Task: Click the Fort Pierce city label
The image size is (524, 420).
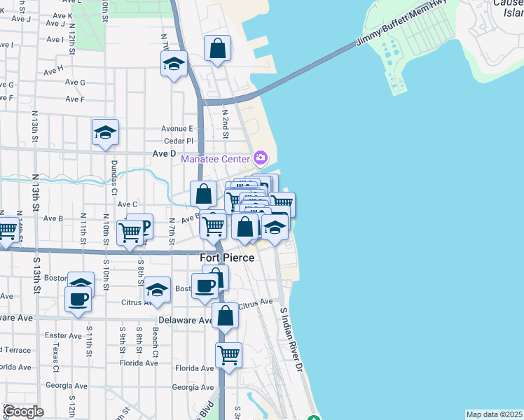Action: click(228, 258)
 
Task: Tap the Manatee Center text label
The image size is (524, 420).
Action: click(215, 159)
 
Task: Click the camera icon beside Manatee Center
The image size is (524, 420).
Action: click(261, 157)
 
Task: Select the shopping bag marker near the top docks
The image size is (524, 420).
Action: click(218, 49)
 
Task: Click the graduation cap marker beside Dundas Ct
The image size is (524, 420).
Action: click(105, 132)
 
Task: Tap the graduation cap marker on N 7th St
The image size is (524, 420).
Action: click(174, 64)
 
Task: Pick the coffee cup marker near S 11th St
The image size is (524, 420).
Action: click(78, 298)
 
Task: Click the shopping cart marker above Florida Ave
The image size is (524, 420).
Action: click(228, 356)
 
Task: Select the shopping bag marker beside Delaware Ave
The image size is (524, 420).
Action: click(225, 316)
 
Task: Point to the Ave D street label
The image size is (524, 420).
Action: click(164, 153)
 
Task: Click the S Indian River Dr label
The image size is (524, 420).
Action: click(293, 339)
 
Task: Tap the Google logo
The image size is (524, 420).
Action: click(23, 412)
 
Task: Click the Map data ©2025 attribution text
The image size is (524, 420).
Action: click(494, 414)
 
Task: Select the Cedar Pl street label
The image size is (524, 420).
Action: click(178, 141)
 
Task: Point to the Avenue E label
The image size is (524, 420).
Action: click(177, 128)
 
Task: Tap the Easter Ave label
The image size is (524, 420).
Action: click(63, 335)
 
